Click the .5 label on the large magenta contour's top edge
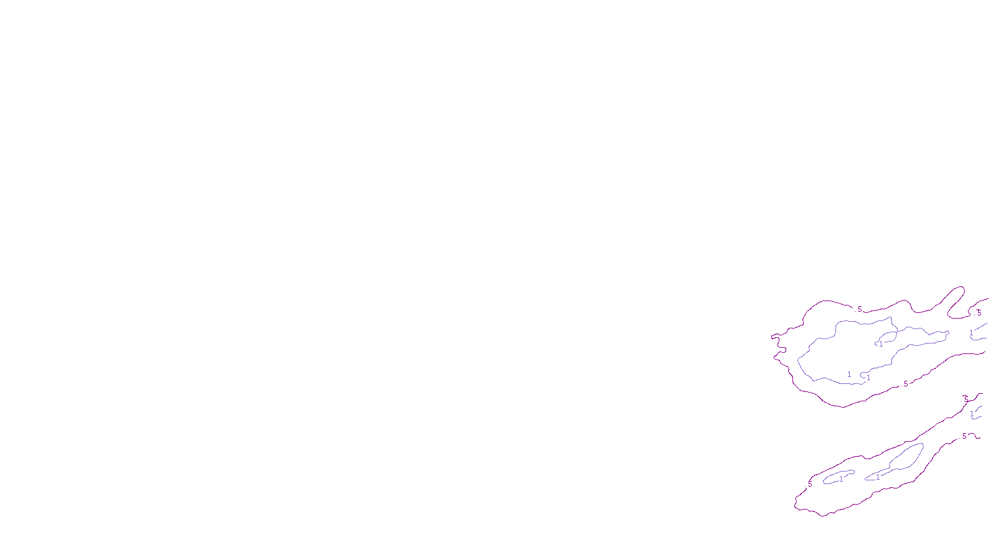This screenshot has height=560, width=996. coord(860,309)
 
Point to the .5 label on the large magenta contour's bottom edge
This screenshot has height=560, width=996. coord(905,384)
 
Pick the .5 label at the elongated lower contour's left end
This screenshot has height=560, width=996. coord(809,483)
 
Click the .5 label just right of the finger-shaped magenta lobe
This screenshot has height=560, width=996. coord(979,313)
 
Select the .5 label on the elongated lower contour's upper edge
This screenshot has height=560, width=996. coord(965,399)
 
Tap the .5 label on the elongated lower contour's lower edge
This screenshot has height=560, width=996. coord(964,437)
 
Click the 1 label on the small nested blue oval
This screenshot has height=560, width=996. coord(880,343)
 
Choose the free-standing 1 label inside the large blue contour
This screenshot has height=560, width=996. coord(849,374)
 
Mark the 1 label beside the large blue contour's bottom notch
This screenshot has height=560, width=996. coord(868,377)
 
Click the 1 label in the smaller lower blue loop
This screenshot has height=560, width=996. coord(840,479)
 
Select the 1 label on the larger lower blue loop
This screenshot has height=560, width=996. coord(878,477)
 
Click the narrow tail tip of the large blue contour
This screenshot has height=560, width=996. coord(946,333)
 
